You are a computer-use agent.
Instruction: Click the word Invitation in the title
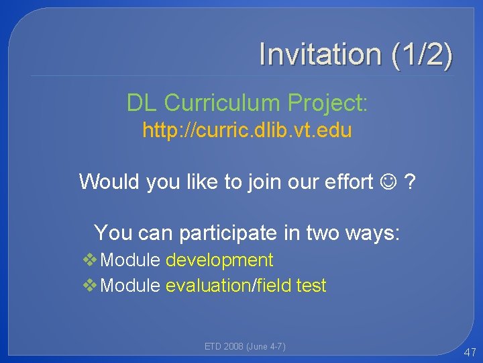[x=319, y=54]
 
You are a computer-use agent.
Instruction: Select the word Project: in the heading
[x=327, y=103]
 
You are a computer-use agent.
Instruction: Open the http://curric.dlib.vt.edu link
[x=247, y=130]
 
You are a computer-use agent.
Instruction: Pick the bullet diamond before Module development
[x=91, y=260]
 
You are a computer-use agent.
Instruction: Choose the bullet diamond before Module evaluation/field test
[x=91, y=286]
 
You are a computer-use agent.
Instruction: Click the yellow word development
[x=219, y=260]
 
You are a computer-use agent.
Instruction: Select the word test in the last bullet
[x=311, y=286]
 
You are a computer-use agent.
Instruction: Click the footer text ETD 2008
[x=224, y=346]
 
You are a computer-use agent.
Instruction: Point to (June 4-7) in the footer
[x=266, y=346]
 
